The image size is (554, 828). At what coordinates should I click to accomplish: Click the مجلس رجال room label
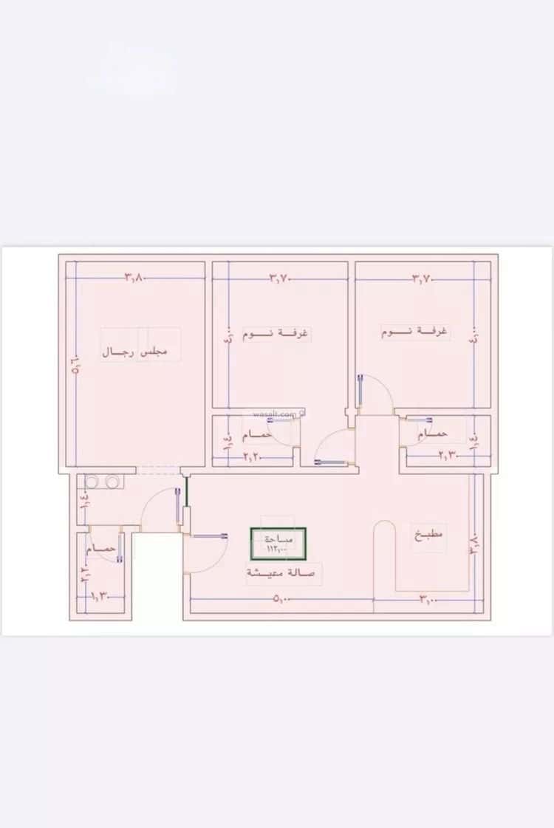(134, 353)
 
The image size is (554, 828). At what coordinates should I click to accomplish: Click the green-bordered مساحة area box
(278, 543)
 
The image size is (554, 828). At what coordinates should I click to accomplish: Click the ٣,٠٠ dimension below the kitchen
(428, 600)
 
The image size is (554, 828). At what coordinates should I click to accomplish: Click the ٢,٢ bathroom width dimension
(253, 457)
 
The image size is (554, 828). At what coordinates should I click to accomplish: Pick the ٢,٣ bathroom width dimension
(448, 456)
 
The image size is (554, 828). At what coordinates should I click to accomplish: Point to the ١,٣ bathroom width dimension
(99, 595)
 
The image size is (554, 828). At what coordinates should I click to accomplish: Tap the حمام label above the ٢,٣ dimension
(433, 435)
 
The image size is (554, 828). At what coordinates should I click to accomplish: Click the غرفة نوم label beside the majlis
(276, 334)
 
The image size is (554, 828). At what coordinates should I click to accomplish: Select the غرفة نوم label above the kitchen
(414, 332)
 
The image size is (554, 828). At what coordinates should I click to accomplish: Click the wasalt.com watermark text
(275, 415)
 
